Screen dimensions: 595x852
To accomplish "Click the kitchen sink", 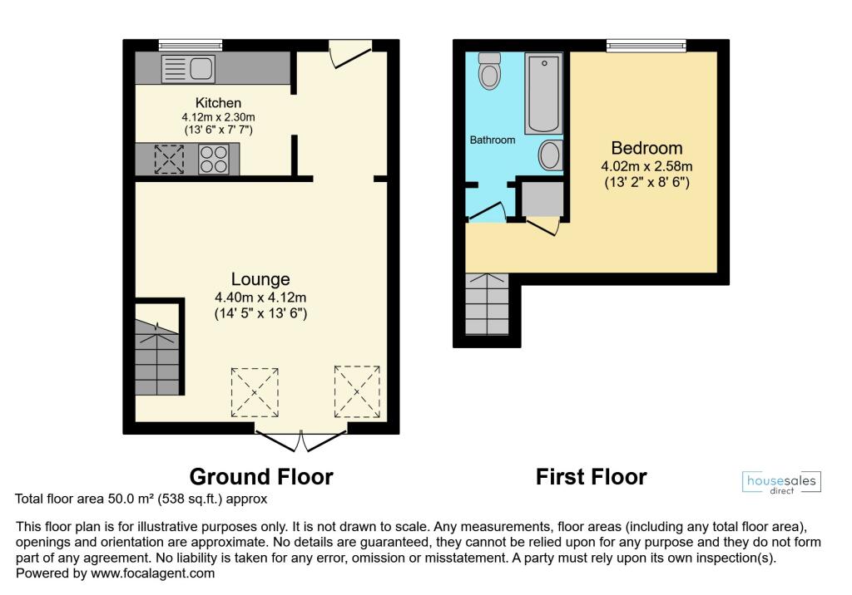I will [187, 67].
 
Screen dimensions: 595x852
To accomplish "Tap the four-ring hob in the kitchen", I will [213, 159].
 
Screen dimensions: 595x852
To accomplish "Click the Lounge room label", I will [261, 279].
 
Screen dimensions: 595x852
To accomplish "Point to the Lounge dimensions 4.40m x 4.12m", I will [261, 297].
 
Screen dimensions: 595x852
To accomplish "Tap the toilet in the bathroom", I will [490, 72].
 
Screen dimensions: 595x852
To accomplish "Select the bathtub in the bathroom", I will [543, 92].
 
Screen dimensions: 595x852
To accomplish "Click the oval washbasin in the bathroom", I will [551, 155].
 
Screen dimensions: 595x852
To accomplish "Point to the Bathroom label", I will [493, 140].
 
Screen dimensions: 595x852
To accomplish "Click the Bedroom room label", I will [646, 149].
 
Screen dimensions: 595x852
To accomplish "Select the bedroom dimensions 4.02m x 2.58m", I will [646, 166].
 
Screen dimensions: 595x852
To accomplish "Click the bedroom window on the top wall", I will [646, 45].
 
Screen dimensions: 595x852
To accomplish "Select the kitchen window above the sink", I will [191, 45].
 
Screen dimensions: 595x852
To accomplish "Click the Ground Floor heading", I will [261, 477].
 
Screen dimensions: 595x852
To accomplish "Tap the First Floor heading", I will [591, 477].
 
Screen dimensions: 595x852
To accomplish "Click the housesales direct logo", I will [780, 483].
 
